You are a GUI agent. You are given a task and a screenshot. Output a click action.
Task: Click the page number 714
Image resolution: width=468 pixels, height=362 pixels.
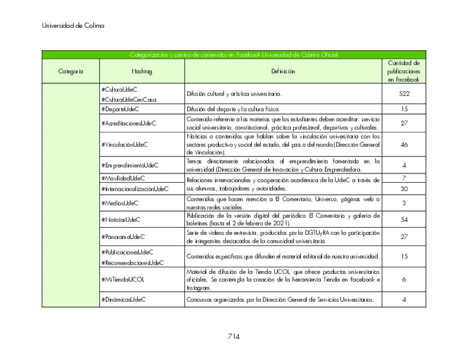[x=233, y=337]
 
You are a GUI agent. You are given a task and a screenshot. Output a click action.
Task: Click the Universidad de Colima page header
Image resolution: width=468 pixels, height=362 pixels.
[x=73, y=26]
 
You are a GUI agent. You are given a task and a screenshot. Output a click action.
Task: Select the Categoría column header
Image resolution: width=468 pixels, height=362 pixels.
[x=70, y=72]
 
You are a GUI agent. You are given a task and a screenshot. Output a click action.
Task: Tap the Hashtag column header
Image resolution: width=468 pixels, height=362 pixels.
[x=142, y=72]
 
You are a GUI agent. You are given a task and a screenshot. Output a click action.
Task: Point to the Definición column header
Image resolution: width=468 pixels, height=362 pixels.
[x=283, y=72]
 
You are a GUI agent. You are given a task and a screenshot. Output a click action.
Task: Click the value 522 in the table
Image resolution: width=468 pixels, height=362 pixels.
[x=404, y=94]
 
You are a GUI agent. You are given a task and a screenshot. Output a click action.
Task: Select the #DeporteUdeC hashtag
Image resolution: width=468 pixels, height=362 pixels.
[x=120, y=109]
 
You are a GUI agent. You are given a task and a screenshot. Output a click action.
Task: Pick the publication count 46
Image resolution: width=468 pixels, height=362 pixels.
[x=404, y=145]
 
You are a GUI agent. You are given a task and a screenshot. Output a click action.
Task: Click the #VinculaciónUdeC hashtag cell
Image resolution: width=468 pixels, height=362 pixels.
[x=124, y=145]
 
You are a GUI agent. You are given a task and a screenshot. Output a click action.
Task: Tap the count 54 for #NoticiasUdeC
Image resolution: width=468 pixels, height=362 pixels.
[x=404, y=220]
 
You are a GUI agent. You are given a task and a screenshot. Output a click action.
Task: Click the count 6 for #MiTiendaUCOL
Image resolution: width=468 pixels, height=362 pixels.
[x=404, y=279]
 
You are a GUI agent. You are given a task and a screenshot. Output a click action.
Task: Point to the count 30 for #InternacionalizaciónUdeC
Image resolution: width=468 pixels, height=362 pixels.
[x=404, y=189]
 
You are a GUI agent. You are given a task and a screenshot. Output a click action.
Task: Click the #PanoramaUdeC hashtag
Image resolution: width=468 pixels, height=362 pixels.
[x=123, y=236]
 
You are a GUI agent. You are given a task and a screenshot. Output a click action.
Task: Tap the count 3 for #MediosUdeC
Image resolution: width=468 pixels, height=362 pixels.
[x=404, y=203]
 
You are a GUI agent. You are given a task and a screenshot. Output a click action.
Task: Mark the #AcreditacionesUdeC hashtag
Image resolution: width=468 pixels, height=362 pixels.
[x=129, y=123]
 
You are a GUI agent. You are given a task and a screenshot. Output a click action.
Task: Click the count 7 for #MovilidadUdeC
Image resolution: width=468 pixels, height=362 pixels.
[x=404, y=178]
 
